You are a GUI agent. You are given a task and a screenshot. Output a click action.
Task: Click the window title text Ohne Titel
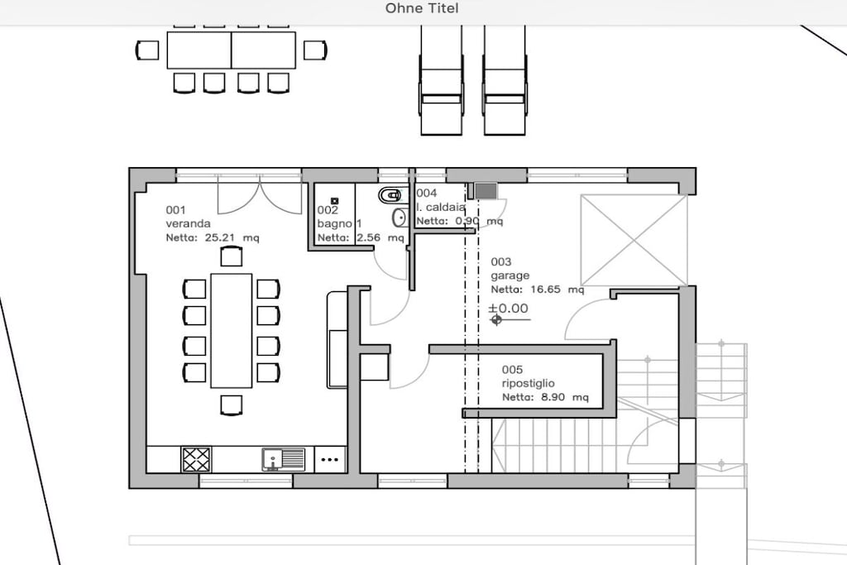[x=422, y=8]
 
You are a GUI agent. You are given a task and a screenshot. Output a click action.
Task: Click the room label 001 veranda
[x=188, y=217]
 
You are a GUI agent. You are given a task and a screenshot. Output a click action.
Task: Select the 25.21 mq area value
[x=232, y=237]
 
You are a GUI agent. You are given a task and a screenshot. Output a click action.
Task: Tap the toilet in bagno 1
[x=390, y=194]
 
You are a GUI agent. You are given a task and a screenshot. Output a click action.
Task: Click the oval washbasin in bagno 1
[x=400, y=217]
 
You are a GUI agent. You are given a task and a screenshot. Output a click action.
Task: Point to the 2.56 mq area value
[x=380, y=237]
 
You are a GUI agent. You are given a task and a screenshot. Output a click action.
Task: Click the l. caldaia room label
[x=441, y=207]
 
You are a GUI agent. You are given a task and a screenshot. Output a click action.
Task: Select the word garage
[x=510, y=276]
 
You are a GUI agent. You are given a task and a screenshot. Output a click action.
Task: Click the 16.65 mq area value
[x=557, y=290]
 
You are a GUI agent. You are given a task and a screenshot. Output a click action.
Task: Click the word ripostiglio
[x=529, y=384]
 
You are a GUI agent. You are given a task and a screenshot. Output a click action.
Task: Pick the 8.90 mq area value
[x=564, y=398]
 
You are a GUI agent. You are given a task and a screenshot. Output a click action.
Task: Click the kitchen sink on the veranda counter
[x=284, y=460]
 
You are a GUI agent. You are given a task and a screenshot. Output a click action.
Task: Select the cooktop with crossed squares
[x=196, y=460]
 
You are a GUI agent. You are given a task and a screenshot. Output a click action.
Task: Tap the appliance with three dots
[x=329, y=460]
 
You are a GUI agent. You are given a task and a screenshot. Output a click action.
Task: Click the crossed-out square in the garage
[x=634, y=240]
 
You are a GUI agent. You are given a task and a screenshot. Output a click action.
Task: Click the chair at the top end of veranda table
[x=232, y=256]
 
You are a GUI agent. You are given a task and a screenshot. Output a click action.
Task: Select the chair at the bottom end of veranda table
[x=232, y=405]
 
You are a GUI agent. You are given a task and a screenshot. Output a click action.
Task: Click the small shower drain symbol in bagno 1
[x=334, y=201]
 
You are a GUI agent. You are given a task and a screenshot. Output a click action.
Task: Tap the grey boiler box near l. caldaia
[x=486, y=190]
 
